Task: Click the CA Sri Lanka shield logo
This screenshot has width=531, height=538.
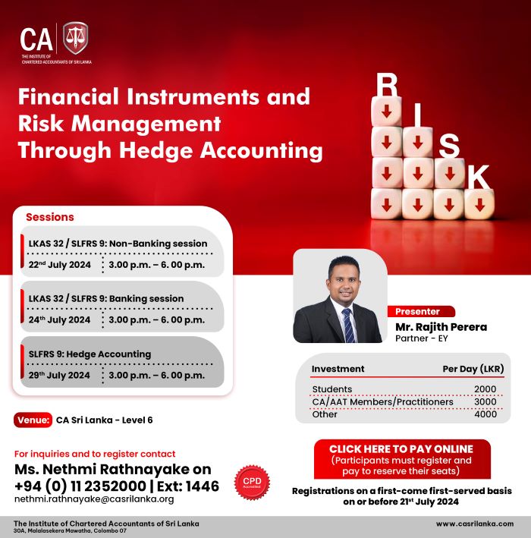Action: click(x=75, y=37)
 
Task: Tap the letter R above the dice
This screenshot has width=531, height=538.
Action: click(x=387, y=85)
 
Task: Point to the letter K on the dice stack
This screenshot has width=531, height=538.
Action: click(x=479, y=177)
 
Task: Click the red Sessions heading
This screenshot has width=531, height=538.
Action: click(x=50, y=217)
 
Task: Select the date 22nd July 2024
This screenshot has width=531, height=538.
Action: click(x=60, y=265)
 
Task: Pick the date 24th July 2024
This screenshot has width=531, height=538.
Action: click(x=59, y=319)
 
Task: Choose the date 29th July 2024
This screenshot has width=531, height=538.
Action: click(x=59, y=375)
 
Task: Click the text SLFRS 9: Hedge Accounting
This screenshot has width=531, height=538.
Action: click(x=90, y=354)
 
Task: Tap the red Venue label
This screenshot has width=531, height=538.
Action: click(x=33, y=420)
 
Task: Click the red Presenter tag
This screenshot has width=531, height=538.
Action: click(x=421, y=312)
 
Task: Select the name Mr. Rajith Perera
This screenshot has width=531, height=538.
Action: click(x=441, y=327)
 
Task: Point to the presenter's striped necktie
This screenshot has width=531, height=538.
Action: click(x=349, y=326)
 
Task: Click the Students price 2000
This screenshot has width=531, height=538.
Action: click(x=485, y=389)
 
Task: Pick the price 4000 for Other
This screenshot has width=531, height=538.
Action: click(x=485, y=414)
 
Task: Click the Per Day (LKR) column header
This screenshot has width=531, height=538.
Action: click(x=473, y=369)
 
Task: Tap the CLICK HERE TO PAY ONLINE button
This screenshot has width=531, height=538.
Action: click(x=402, y=459)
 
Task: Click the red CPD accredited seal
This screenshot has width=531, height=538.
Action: click(x=252, y=482)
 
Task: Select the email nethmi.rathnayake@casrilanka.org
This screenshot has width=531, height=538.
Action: click(x=94, y=499)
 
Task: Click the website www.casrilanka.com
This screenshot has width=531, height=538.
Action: click(x=475, y=524)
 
